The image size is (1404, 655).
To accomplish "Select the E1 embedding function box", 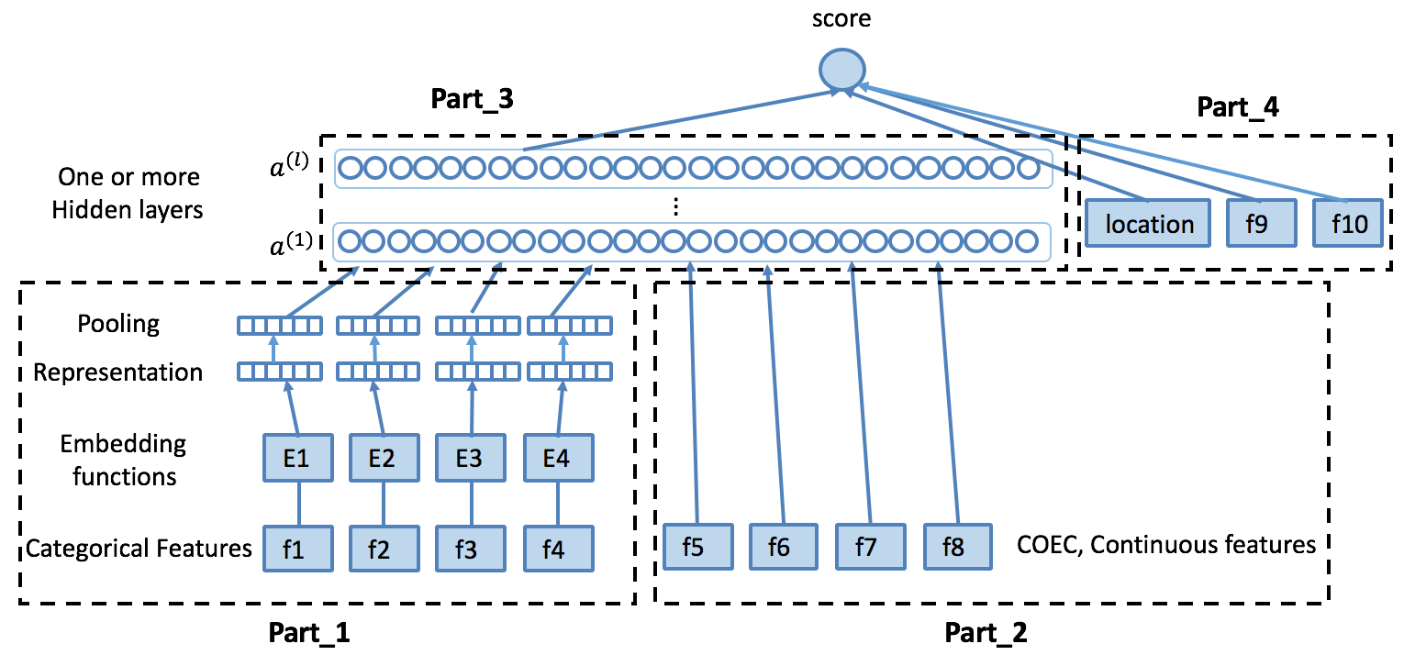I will (x=297, y=457).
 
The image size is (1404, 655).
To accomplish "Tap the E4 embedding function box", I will (x=557, y=457).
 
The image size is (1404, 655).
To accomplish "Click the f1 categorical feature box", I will (x=297, y=549).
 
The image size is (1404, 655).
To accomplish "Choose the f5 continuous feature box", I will (x=696, y=548).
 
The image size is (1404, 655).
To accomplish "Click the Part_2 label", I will (x=986, y=632).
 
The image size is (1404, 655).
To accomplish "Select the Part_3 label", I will (x=472, y=100).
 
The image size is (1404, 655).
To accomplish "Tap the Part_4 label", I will (x=1238, y=106).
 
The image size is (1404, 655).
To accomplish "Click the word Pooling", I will (x=118, y=324).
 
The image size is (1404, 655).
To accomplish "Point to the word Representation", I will (x=118, y=372).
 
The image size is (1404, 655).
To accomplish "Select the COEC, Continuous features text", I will (x=1166, y=545).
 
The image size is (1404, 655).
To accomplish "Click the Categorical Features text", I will (x=139, y=549).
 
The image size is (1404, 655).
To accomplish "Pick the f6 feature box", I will (x=783, y=548).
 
